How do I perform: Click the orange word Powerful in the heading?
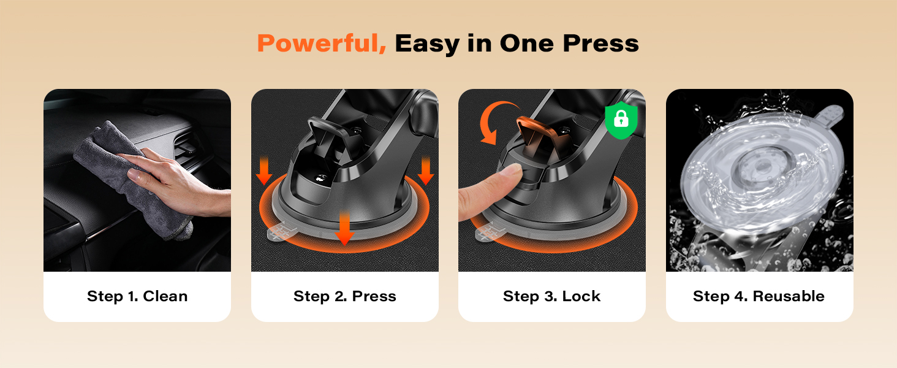tap(321, 44)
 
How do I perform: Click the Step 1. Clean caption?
tap(137, 296)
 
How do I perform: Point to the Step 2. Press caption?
tap(344, 296)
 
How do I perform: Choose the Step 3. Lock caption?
tap(551, 296)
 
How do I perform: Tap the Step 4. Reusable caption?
tap(759, 296)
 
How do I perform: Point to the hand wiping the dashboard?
tap(178, 184)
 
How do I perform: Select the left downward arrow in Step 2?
tap(264, 170)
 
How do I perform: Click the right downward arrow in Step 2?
tap(425, 170)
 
